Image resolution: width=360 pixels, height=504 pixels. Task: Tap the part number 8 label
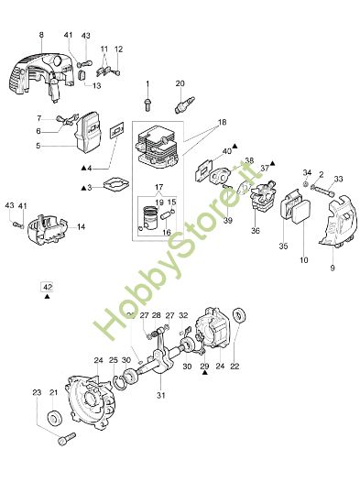[x=41, y=35]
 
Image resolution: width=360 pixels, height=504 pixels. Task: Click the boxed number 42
[x=47, y=286]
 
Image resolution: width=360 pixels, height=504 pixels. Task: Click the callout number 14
[x=82, y=226]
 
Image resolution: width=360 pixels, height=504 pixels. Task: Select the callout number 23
[x=38, y=393]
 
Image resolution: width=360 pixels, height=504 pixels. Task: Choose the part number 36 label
[x=256, y=231]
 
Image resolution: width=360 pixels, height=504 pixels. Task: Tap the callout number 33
[x=338, y=180]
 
